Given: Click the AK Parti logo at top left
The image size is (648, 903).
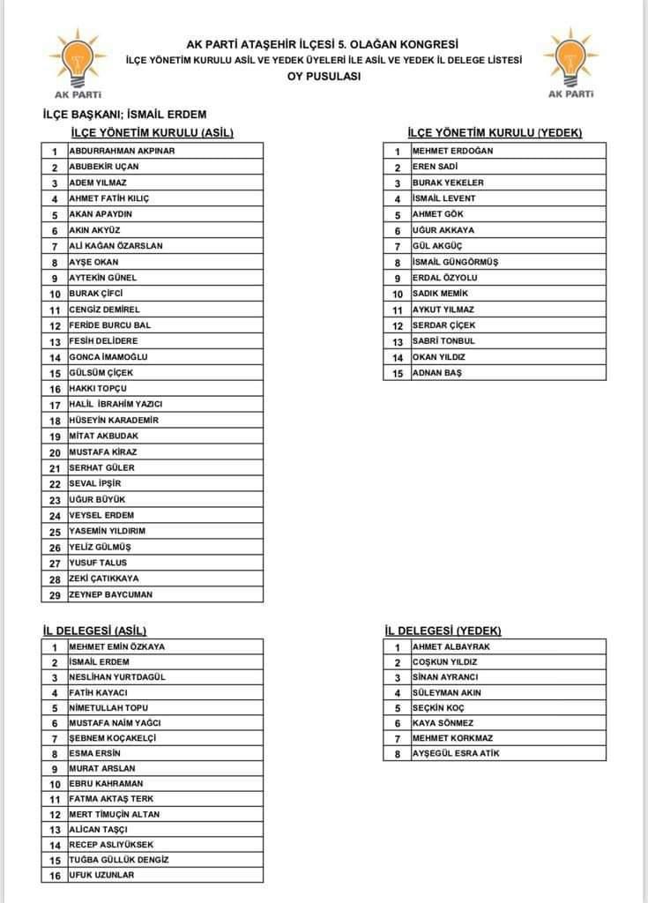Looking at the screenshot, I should click(76, 63).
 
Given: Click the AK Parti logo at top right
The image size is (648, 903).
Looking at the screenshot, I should click(570, 63).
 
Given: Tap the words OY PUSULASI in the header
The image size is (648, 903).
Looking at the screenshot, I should click(324, 76).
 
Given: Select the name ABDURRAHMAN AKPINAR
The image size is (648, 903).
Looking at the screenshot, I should click(122, 151).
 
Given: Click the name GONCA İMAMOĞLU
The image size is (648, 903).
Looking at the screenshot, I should click(108, 357).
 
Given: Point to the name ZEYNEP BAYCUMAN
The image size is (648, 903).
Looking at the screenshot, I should click(110, 594).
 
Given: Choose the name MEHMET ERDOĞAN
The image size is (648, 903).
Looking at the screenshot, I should click(453, 151).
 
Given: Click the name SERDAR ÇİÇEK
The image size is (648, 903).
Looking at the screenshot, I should click(443, 325).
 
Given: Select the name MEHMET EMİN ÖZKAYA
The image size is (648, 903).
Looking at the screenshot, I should click(116, 646).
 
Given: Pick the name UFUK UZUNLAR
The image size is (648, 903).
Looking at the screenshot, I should click(102, 875).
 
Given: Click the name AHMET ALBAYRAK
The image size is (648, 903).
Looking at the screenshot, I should click(451, 646).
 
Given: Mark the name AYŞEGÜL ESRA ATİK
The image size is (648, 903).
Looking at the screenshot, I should click(462, 754).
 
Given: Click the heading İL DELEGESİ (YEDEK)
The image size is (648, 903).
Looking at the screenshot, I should click(443, 631).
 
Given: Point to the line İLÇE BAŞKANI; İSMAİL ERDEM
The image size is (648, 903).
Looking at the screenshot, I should click(124, 115).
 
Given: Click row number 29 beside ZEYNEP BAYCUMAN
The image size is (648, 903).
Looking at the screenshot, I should click(55, 594).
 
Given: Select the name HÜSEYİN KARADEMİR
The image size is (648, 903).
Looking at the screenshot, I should click(114, 421).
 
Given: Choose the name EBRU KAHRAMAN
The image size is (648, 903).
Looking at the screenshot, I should click(107, 784).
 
